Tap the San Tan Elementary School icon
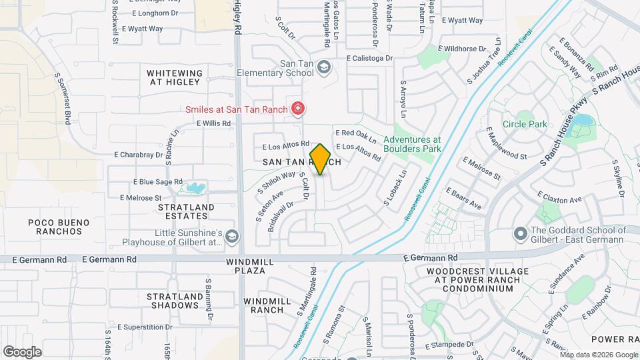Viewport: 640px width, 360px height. (323, 67)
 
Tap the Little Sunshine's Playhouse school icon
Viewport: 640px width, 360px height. (231, 237)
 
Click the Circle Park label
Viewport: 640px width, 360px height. (525, 124)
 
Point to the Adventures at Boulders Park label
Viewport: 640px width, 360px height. (412, 145)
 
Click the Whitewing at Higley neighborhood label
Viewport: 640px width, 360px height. (174, 77)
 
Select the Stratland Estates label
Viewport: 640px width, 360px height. (186, 211)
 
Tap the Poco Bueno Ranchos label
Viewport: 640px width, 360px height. (55, 227)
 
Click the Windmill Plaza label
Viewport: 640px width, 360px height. (250, 267)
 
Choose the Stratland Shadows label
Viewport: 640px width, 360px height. (174, 301)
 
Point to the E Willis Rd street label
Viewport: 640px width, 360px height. (213, 123)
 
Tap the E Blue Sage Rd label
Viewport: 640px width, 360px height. (158, 181)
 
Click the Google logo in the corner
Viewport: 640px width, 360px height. (22, 351)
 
